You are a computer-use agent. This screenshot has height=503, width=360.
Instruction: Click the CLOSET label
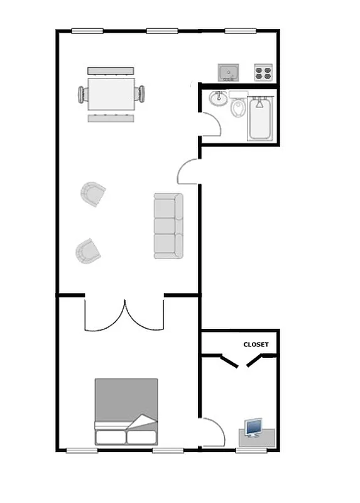pos(256,345)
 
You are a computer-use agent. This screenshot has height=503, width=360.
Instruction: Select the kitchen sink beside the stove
pos(229,72)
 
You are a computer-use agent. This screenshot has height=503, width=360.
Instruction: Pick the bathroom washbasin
pos(219,98)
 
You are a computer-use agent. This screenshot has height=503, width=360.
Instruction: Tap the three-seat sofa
pos(168,226)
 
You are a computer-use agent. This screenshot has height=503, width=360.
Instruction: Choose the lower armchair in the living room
pos(88,251)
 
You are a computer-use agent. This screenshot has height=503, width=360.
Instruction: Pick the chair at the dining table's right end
pos(141,94)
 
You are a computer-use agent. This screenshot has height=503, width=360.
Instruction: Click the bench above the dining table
pos(111,69)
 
